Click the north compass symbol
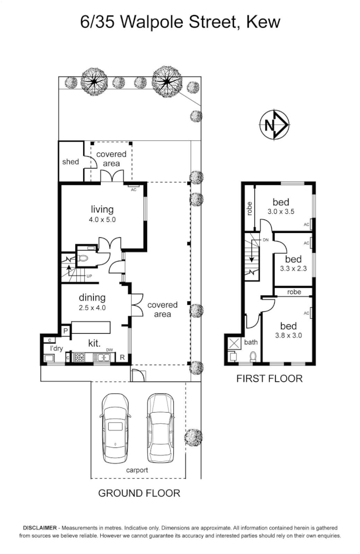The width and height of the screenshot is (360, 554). coord(275,125)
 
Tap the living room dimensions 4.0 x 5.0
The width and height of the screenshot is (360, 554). coord(102,219)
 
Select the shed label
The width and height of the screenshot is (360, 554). coord(70,162)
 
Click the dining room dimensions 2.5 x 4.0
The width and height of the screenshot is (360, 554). coord(92,308)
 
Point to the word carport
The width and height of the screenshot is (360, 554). coord(137,470)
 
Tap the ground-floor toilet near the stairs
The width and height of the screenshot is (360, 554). coord(83,258)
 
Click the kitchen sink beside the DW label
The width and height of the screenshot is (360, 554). coord(102,358)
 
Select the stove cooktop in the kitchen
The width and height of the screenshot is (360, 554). coord(79,358)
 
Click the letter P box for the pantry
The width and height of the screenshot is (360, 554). coord(66,331)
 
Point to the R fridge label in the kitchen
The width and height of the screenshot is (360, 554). coord(122,358)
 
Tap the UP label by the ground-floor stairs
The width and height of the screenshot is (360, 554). coord(90,276)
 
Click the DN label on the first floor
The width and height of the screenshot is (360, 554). coord(266,239)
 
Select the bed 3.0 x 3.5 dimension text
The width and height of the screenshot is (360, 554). coord(281,212)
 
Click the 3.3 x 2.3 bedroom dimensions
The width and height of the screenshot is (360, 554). coord(293,269)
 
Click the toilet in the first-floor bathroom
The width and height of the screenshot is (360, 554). coord(253,356)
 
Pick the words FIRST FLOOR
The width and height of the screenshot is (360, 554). coord(269,379)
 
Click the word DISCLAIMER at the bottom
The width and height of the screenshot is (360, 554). coord(40,528)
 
